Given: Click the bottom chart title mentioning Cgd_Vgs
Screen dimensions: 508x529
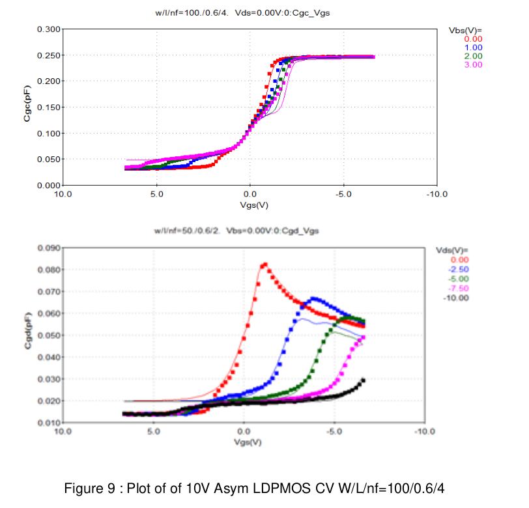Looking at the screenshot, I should click(x=245, y=231).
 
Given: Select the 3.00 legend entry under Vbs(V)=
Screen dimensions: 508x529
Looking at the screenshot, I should click(x=473, y=64).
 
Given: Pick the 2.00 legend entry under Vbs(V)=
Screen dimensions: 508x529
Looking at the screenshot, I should click(x=473, y=56).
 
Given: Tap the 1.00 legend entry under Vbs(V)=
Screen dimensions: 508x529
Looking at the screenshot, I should click(x=473, y=48).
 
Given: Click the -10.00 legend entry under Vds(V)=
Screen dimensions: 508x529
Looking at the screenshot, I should click(x=457, y=298).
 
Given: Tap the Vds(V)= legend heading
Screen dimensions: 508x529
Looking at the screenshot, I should click(x=452, y=249).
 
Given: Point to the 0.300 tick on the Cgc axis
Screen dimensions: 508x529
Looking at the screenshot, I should click(x=49, y=29).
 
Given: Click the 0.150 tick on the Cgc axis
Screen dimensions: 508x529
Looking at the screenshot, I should click(x=49, y=107).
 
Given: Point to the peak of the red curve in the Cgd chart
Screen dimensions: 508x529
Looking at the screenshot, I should click(x=264, y=264).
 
